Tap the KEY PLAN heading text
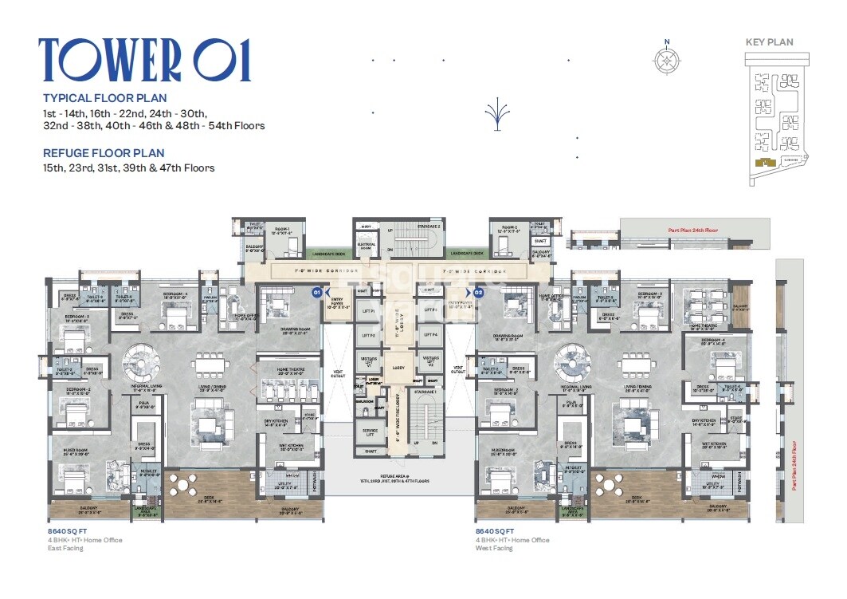tap(769, 42)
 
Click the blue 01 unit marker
tap(316, 292)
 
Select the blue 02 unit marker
tap(479, 292)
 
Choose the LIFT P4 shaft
tap(431, 336)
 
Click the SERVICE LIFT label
tap(368, 432)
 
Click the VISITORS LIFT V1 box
tap(368, 361)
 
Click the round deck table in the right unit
tap(612, 483)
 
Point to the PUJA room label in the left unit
tap(144, 404)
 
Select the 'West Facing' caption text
tap(496, 550)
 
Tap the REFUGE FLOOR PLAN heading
tap(104, 153)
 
